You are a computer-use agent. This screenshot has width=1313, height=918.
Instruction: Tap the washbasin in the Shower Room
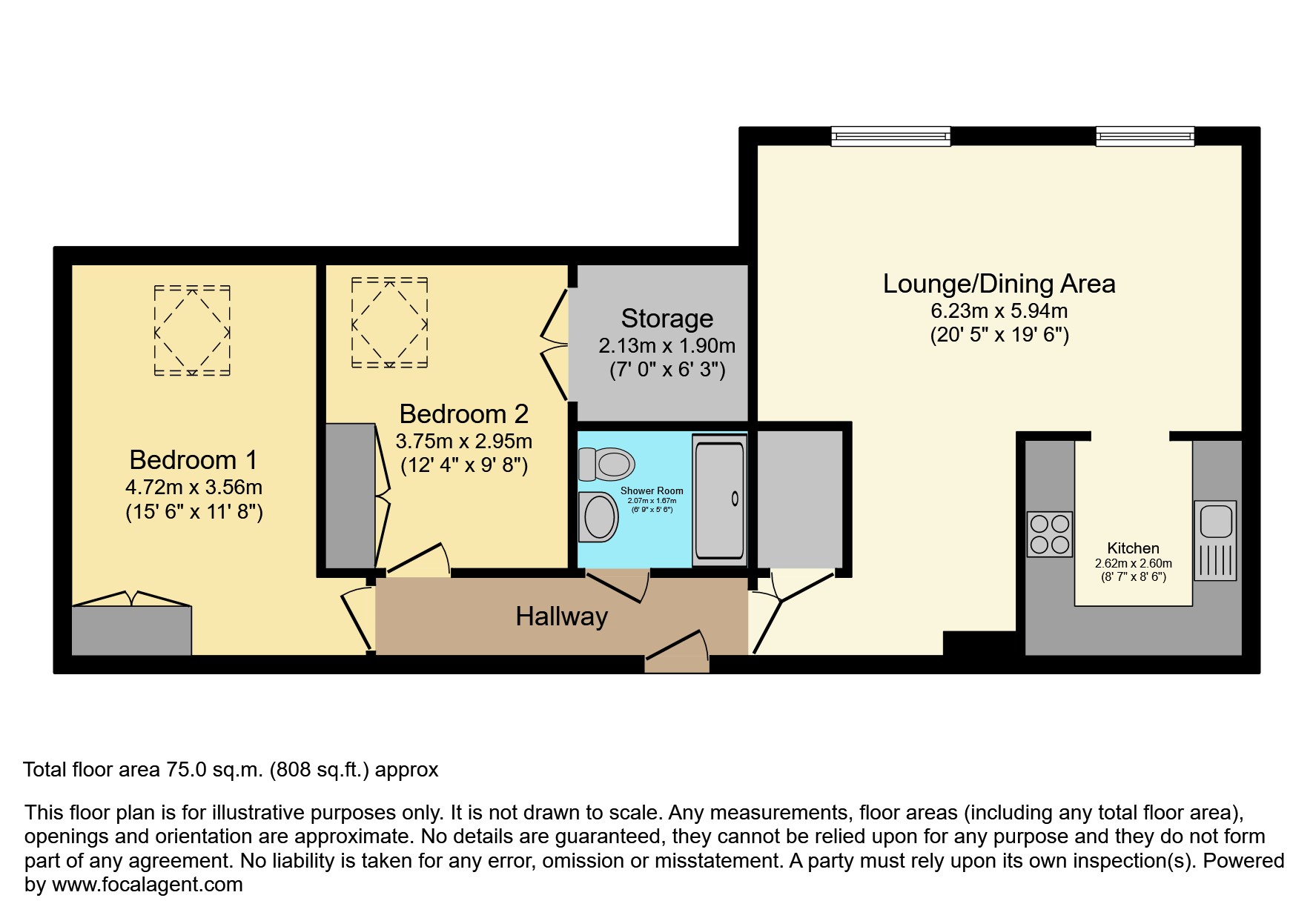(600, 516)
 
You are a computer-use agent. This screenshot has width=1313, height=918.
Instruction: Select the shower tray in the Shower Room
(719, 500)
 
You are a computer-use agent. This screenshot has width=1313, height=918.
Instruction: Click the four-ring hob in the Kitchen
(1050, 534)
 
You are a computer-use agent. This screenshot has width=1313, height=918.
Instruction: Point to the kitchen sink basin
(1215, 520)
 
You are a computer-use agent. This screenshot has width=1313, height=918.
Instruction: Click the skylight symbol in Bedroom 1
(192, 330)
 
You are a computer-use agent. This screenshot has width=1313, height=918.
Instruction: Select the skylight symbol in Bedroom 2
(389, 323)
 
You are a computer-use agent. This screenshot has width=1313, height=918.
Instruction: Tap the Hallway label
(561, 616)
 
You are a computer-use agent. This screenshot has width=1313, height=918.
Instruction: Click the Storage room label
(667, 319)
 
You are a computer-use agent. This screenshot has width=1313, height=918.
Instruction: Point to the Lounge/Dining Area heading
(999, 284)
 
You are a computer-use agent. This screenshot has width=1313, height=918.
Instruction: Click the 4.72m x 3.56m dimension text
(194, 488)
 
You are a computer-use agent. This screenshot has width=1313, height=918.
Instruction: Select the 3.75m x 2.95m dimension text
(463, 442)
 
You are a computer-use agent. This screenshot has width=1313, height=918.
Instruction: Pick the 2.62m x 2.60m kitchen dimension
(1133, 563)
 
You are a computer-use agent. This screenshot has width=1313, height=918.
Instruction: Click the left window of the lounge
(890, 136)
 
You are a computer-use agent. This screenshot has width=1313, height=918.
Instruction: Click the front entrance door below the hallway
(676, 652)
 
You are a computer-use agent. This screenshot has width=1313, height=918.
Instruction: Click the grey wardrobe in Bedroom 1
(131, 631)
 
